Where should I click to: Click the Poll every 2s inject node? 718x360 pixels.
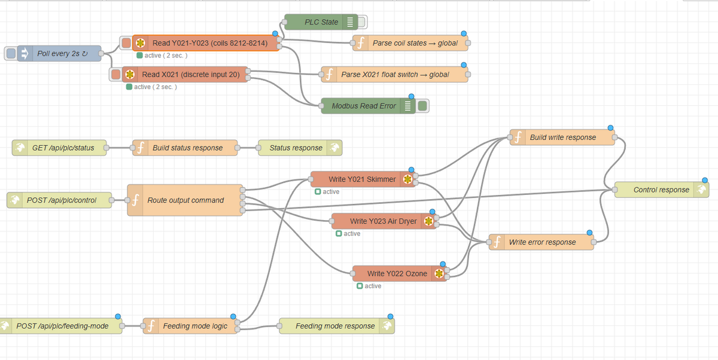point(59,53)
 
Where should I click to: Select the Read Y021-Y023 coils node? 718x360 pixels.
point(206,43)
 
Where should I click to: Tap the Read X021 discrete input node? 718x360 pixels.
point(185,74)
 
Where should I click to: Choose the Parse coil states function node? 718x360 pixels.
point(410,43)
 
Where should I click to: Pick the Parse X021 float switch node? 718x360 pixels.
point(394,74)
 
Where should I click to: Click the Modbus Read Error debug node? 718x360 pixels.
point(369,106)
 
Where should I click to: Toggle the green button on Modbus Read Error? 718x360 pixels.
point(422,106)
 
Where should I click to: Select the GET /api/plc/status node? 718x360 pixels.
point(59,148)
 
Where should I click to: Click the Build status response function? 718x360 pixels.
point(185,148)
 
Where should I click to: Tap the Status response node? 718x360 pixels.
point(300,148)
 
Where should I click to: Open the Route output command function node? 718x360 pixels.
point(185,200)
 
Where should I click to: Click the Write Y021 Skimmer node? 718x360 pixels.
point(363,179)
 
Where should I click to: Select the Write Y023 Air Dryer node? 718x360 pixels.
point(384,221)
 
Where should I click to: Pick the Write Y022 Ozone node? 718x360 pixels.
point(400,273)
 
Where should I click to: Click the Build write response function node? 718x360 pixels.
point(562,138)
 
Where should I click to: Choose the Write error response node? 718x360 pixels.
point(541,242)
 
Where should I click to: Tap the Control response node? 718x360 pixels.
point(662,190)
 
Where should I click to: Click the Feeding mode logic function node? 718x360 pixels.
point(190,326)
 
